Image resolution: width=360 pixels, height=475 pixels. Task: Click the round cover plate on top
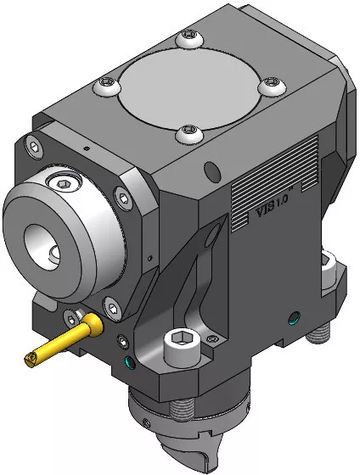pos(189,87)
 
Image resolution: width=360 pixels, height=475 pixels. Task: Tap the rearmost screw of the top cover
pos(189,38)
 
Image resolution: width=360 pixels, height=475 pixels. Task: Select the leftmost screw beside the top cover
pos(107,86)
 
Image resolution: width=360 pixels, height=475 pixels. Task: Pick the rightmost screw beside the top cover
pos(272,86)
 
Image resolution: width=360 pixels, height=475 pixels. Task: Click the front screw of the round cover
pos(189,133)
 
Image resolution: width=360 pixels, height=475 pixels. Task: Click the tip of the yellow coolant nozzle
pos(31,360)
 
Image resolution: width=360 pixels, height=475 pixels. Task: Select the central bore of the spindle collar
pos(42,248)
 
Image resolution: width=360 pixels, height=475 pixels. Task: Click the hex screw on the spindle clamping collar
pos(64,183)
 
